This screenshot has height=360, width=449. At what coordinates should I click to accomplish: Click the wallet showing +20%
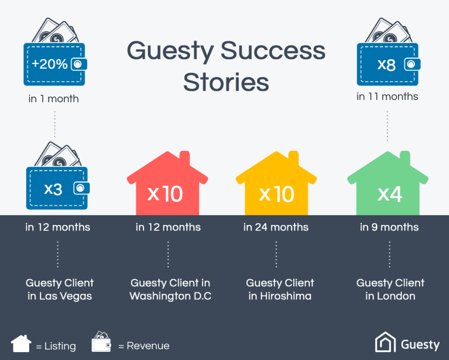54,64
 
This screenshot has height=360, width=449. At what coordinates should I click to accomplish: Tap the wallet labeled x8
388,64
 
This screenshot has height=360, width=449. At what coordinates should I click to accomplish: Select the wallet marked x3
57,188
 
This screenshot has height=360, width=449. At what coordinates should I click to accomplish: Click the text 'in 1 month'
54,99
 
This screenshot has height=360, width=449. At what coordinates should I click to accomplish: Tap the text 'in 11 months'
387,97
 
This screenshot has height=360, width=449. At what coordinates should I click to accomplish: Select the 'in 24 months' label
276,227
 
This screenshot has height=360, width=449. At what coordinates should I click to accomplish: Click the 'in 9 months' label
389,227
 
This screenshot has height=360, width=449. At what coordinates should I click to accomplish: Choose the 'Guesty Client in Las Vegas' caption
60,289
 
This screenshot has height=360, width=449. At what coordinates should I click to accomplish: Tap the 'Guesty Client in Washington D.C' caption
170,289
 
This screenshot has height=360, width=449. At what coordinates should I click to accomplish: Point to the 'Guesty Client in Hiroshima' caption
280,289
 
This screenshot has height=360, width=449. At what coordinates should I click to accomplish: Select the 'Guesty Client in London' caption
390,289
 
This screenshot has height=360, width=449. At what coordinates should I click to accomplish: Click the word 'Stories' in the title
226,82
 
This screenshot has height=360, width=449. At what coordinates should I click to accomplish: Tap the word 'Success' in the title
273,51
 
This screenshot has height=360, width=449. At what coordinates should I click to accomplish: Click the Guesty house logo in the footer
385,343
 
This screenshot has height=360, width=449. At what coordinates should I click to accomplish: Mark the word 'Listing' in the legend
60,346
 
